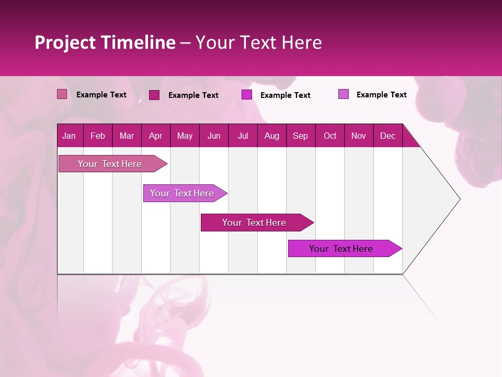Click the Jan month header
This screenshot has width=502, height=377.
[x=69, y=136]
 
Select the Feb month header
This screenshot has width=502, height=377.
[x=98, y=136]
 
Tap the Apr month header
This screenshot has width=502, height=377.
[x=155, y=136]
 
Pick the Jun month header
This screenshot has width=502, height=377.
[x=214, y=136]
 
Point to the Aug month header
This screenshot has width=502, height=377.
[x=272, y=136]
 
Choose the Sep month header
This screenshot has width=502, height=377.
[x=300, y=136]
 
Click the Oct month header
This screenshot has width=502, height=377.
[x=330, y=136]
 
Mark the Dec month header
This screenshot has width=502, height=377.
[x=387, y=136]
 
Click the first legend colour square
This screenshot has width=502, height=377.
[x=62, y=94]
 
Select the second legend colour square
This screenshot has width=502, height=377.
[x=154, y=95]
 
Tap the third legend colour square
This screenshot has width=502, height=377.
[x=247, y=95]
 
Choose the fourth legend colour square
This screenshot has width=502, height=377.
[x=344, y=94]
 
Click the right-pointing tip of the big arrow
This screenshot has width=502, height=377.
[x=459, y=199]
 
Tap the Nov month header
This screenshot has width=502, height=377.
[x=359, y=136]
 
